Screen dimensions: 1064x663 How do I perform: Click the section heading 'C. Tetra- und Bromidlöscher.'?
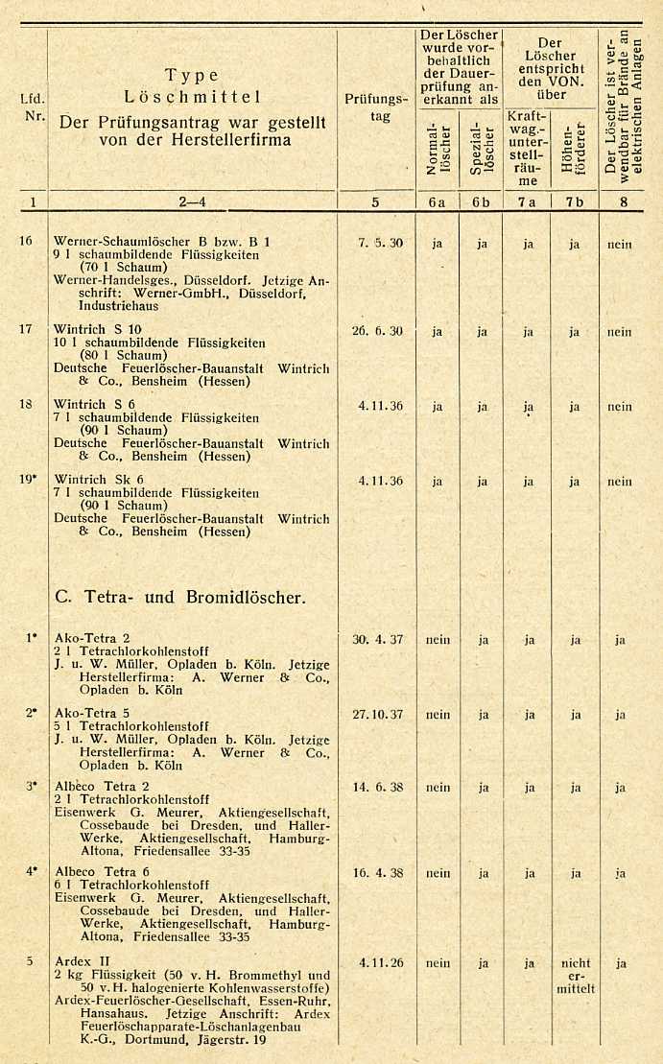[x=180, y=597]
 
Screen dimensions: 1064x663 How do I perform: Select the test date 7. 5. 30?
[x=381, y=243]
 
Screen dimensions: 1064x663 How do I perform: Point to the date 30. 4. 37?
[x=381, y=639]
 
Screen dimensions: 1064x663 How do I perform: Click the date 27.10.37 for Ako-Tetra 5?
[x=381, y=714]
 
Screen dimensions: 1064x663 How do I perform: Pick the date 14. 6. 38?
[x=381, y=788]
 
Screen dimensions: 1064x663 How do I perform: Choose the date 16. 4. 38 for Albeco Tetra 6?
[x=381, y=874]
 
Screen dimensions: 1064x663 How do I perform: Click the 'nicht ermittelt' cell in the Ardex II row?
[x=576, y=976]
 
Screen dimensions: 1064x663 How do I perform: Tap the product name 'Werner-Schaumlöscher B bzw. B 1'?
[x=161, y=242]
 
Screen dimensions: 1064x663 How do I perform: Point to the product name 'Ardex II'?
[x=79, y=962]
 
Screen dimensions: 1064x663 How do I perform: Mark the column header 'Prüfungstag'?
[x=380, y=107]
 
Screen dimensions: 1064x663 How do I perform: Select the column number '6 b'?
[x=482, y=202]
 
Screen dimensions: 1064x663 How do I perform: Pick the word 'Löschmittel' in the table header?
[x=192, y=97]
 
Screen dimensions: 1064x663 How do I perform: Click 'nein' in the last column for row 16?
[x=620, y=244]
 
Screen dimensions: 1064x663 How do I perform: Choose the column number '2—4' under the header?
[x=192, y=202]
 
